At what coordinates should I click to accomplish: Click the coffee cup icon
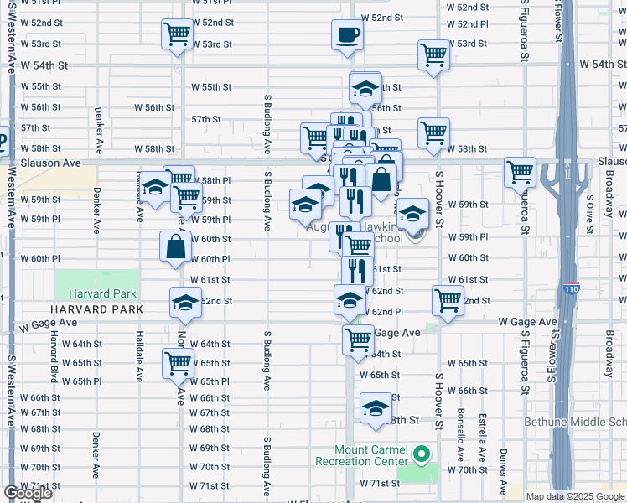click(x=347, y=35)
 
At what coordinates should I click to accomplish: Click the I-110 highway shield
click(x=572, y=287)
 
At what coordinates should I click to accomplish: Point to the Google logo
click(x=28, y=493)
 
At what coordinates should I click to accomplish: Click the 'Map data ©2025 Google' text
click(x=575, y=496)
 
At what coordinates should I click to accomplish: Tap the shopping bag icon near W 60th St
click(x=175, y=246)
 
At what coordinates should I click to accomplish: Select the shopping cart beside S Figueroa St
click(x=521, y=173)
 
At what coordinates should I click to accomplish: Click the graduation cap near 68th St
click(x=375, y=408)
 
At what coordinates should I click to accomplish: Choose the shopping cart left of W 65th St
click(x=179, y=364)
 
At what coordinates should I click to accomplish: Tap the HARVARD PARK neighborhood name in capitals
click(x=95, y=309)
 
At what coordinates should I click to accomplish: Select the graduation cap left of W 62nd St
click(x=185, y=303)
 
